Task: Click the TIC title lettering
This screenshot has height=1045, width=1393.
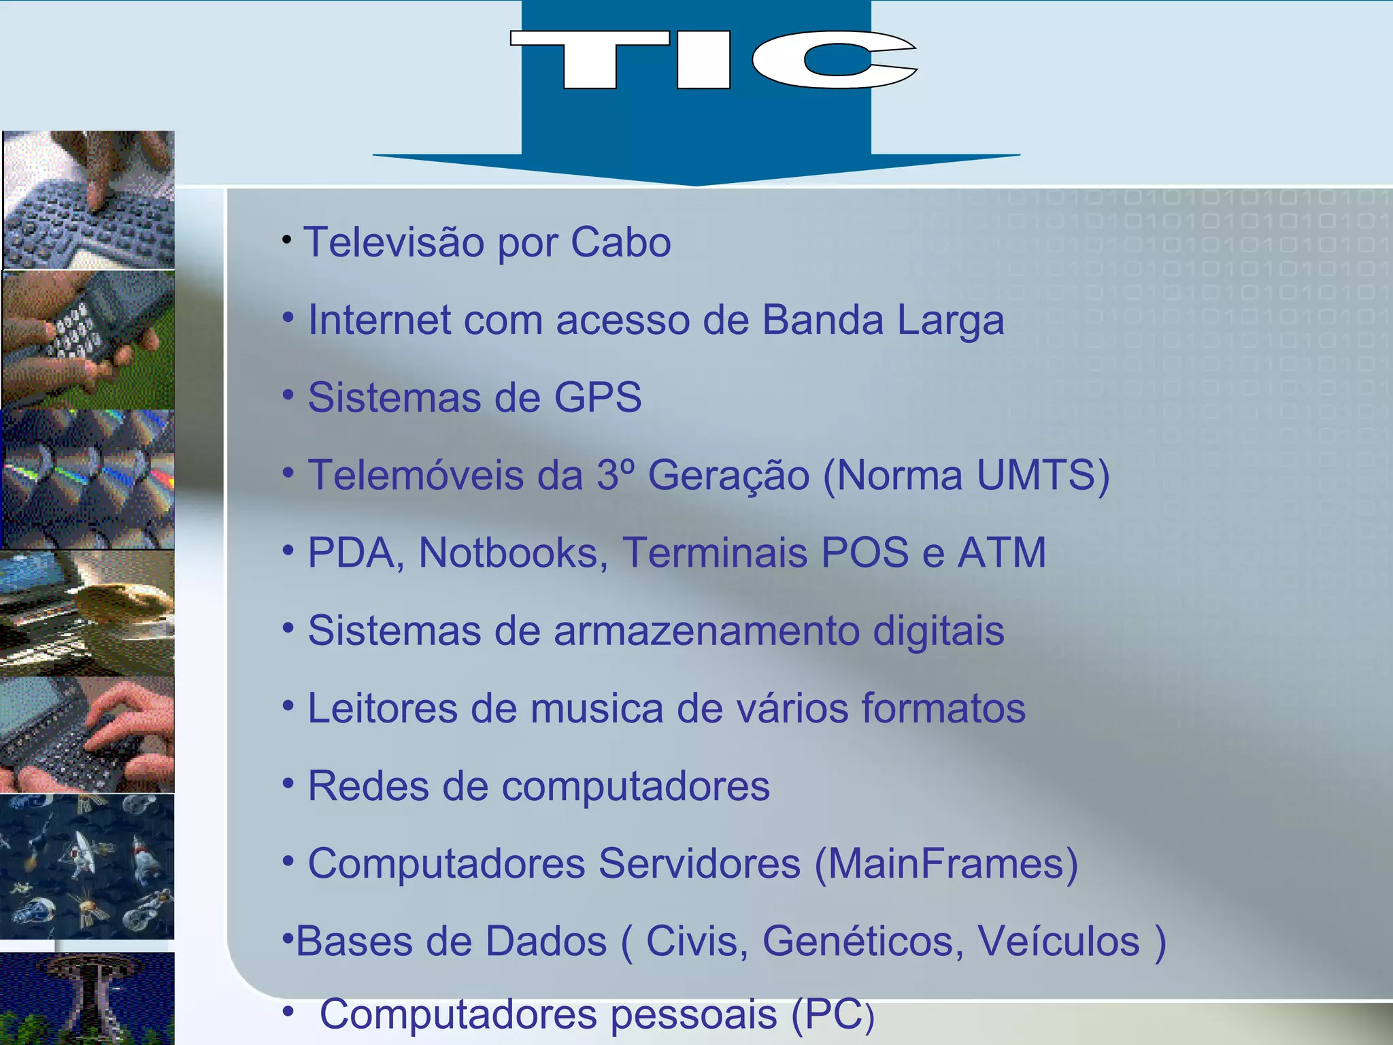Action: [713, 60]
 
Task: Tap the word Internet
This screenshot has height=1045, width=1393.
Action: [379, 320]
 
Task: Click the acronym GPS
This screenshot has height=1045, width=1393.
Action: [598, 397]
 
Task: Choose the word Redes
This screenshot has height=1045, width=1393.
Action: [368, 786]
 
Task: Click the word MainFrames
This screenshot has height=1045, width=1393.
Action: [946, 864]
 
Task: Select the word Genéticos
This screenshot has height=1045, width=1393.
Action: [862, 942]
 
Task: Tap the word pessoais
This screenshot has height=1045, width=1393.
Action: [693, 1015]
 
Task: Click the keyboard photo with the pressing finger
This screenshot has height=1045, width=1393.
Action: [88, 200]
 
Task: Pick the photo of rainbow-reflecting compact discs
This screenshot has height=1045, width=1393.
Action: [88, 479]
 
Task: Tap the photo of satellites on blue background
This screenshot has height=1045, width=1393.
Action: [87, 867]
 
